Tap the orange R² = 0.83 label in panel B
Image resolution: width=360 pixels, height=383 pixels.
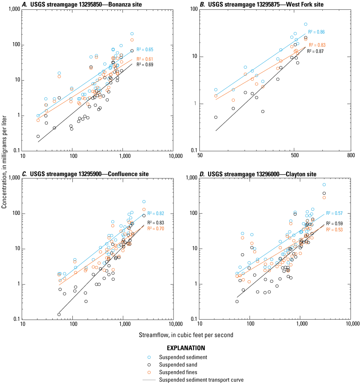click(x=317, y=45)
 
